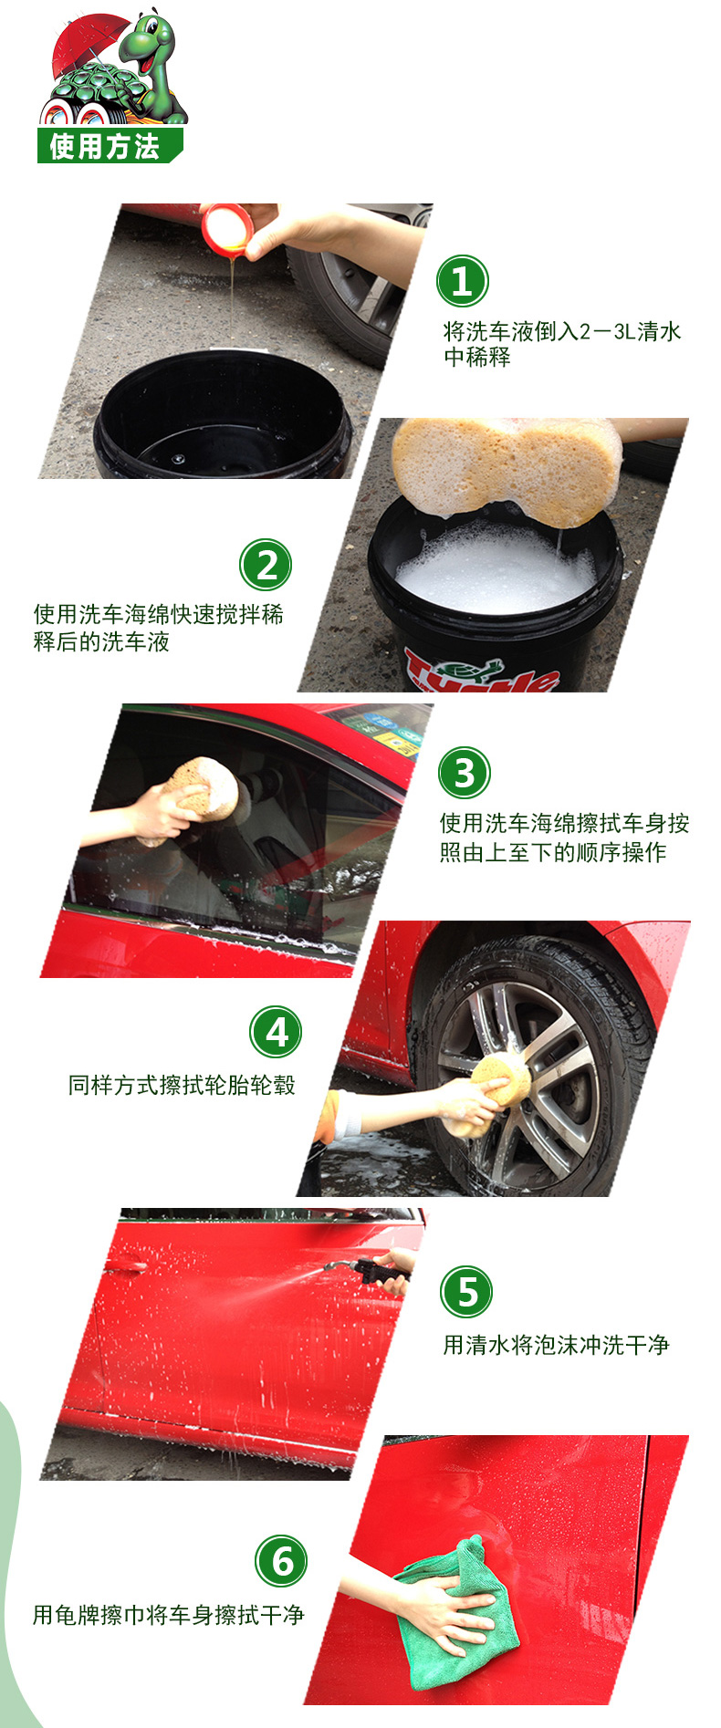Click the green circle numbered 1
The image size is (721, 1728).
[463, 281]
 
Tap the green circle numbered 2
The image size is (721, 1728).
[266, 565]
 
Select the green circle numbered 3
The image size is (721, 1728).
[465, 773]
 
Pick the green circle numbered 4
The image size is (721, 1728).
[276, 1032]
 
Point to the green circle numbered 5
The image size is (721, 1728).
[466, 1292]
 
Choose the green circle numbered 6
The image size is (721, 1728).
[281, 1561]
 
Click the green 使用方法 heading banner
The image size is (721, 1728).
[110, 146]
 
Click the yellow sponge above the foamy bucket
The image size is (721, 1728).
[507, 469]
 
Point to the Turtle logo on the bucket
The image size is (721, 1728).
[479, 670]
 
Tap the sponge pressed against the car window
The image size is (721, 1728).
[203, 790]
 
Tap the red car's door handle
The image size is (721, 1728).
[124, 1267]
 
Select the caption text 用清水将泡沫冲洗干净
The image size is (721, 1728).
[556, 1345]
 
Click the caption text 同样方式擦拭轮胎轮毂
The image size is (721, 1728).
[182, 1085]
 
